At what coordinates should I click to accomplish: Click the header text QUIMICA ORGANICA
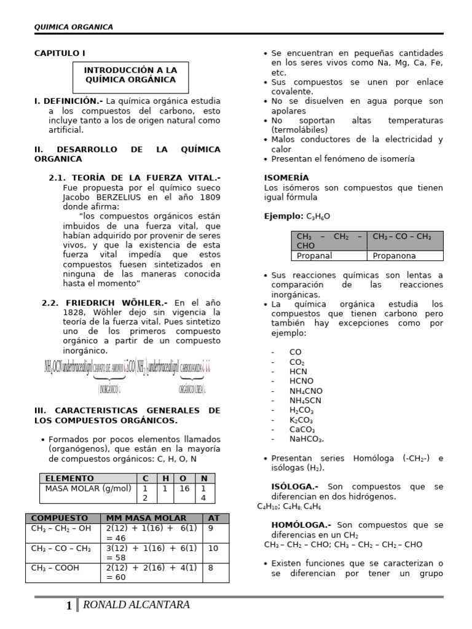point(73,26)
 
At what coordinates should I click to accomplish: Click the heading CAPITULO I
point(60,53)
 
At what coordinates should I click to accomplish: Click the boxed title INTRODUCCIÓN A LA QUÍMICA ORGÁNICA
point(130,75)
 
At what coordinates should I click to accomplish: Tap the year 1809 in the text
point(209,197)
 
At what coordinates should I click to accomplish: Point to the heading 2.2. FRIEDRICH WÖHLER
point(104,303)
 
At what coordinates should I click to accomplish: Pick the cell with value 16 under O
point(184,489)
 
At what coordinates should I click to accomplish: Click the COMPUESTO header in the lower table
point(60,518)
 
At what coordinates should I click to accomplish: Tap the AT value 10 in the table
point(213,548)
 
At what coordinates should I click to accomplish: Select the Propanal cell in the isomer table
point(314,256)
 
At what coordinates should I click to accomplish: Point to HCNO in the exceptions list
point(301,381)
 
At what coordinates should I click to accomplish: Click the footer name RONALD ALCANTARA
point(135,605)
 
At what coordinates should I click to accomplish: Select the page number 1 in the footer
point(69,606)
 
